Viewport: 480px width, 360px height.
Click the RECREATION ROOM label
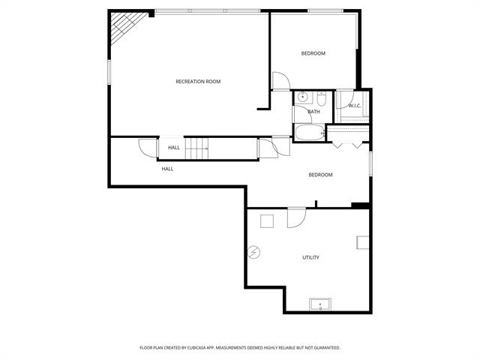tap(198, 81)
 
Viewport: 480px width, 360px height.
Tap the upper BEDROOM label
tap(313, 53)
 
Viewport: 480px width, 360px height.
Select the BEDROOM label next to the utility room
tap(320, 175)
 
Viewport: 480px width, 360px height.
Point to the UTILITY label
tap(310, 257)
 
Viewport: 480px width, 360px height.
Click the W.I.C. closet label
tap(355, 105)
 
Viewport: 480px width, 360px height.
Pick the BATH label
tap(313, 112)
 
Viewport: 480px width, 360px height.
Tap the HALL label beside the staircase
tap(174, 148)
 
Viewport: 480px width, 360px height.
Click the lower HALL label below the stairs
tap(167, 169)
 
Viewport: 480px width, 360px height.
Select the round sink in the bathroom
tap(303, 97)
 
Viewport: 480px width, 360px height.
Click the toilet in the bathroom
tap(321, 99)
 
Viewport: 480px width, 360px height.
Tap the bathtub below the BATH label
tap(308, 133)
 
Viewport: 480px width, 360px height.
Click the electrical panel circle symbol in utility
tap(255, 253)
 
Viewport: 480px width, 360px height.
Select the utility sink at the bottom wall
tap(320, 304)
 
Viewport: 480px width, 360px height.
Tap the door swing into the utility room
tap(297, 216)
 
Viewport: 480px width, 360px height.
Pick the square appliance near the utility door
tap(266, 220)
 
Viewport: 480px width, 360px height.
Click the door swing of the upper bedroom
tap(279, 80)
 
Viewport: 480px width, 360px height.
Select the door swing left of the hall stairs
tap(147, 148)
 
